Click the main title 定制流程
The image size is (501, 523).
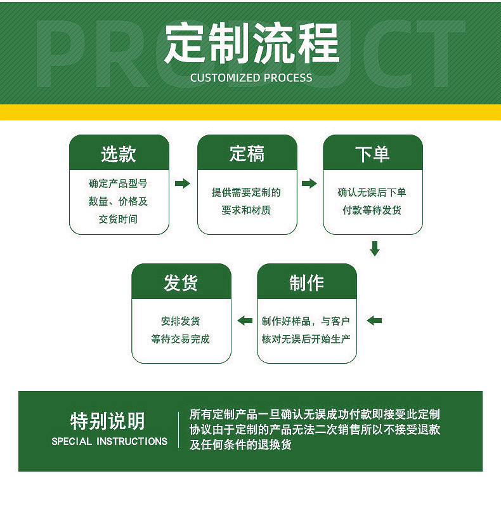(252, 44)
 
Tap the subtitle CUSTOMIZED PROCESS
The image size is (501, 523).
(251, 78)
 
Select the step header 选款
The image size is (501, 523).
(119, 154)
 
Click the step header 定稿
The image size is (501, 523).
(247, 154)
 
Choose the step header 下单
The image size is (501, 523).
(372, 154)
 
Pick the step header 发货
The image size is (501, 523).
(181, 283)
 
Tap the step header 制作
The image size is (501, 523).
(306, 283)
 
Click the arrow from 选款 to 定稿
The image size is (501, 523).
(183, 184)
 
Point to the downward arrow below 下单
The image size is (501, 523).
(375, 248)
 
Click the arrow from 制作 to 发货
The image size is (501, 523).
(245, 321)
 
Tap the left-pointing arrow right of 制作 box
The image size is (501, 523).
(374, 321)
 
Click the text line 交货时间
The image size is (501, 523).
(118, 219)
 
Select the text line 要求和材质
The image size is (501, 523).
(246, 210)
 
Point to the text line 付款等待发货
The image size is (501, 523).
(372, 210)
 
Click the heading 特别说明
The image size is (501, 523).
(108, 421)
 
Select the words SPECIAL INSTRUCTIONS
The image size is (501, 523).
(110, 441)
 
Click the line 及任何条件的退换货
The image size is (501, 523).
(240, 445)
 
